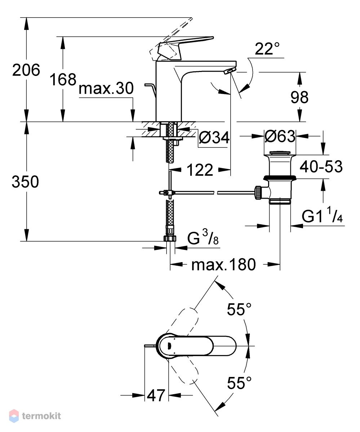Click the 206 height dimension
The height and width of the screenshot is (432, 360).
(26, 70)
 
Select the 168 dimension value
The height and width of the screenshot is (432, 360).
(63, 79)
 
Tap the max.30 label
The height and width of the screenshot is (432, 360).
(106, 88)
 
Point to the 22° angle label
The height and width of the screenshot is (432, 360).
(267, 49)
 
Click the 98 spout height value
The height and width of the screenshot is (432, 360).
(299, 97)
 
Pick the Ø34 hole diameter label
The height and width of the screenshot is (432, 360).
(214, 137)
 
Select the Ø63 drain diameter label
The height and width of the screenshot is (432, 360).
(280, 136)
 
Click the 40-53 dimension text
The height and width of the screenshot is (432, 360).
(321, 167)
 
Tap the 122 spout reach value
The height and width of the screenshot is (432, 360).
(200, 170)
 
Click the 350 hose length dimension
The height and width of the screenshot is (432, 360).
(25, 182)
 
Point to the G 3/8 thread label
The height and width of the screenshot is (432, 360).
(203, 238)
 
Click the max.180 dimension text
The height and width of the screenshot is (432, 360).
(224, 265)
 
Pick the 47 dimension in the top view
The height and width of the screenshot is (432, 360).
(156, 395)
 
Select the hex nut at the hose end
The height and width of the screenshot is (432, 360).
(170, 238)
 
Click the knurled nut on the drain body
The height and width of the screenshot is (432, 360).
(258, 193)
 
